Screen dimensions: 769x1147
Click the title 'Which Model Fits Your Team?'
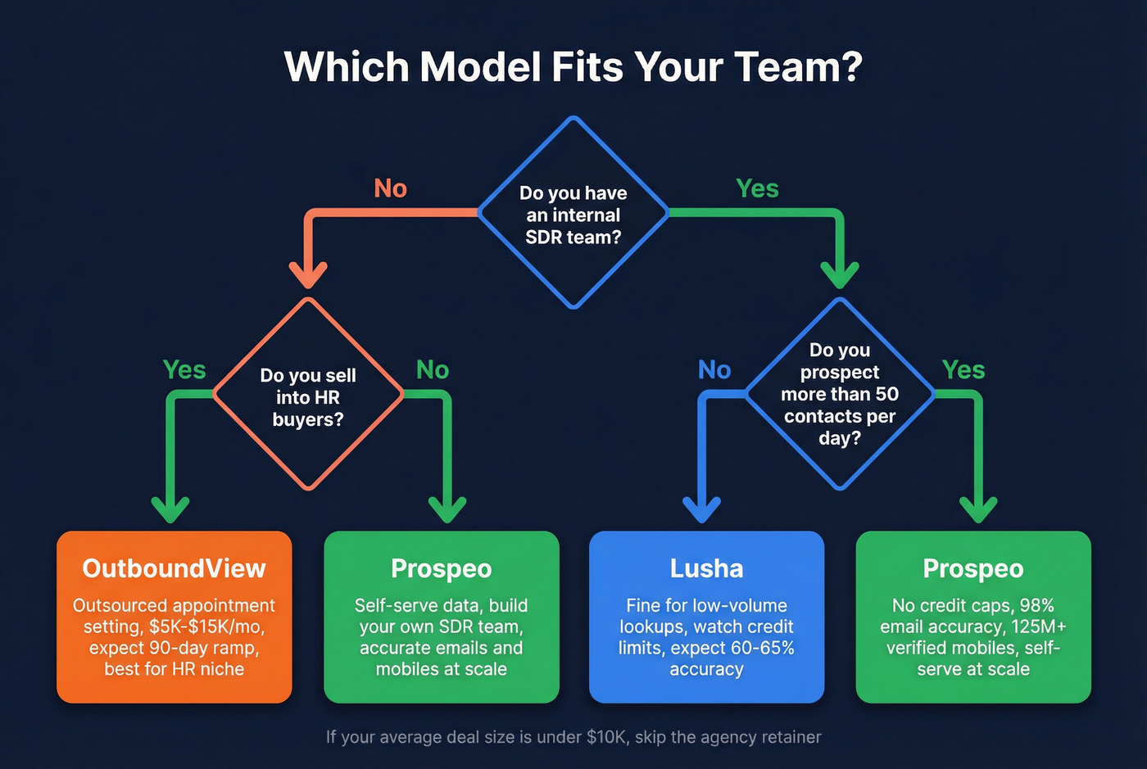click(573, 67)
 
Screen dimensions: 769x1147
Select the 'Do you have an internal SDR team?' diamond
click(573, 214)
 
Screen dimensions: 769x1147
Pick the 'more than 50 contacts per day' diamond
click(839, 394)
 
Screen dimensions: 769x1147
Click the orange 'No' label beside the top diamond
click(390, 188)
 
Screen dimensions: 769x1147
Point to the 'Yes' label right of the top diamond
click(757, 188)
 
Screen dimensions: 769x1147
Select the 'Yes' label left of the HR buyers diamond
click(184, 369)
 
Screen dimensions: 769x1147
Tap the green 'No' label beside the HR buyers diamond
click(433, 369)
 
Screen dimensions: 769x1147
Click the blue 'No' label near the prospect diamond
click(714, 369)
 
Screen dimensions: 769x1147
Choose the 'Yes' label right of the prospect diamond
click(963, 369)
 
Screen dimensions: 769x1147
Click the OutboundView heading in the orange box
click(174, 568)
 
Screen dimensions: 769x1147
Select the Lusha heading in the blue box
click(706, 568)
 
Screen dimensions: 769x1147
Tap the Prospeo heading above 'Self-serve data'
click(441, 568)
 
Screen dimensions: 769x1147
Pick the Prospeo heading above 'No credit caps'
click(973, 568)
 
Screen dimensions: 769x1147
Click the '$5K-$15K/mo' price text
click(206, 627)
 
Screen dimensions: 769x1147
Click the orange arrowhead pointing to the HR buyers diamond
click(308, 274)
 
